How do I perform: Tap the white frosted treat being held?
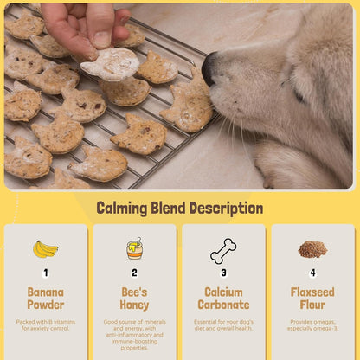coord(111,63)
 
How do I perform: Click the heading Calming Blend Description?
coord(179,209)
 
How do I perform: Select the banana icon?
coord(45,249)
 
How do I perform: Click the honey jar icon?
coord(134,249)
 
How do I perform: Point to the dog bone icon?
coord(223,250)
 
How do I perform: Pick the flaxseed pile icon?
coord(312,249)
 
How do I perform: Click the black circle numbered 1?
coord(45,273)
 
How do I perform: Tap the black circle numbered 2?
coord(134,273)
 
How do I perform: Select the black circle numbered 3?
coord(223,273)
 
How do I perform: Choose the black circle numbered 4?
coord(312,273)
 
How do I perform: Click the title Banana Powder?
coord(45,299)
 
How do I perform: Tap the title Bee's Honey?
coord(134,299)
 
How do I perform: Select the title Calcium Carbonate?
coord(223,299)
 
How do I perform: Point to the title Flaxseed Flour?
coord(312,299)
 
